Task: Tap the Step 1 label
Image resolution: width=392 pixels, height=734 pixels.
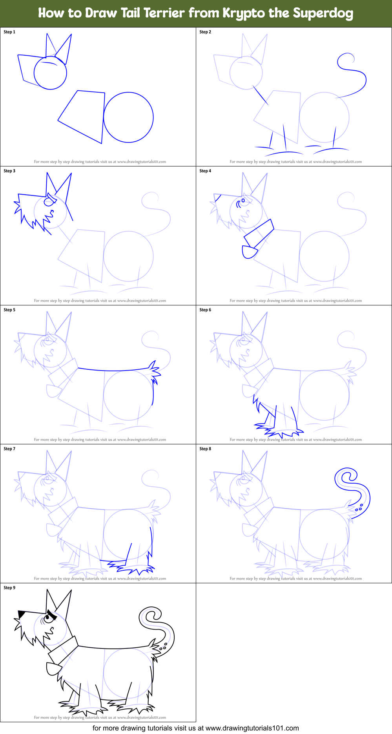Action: (9, 32)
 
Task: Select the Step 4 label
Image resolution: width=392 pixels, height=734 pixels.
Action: (205, 171)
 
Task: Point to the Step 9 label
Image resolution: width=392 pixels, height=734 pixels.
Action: (9, 588)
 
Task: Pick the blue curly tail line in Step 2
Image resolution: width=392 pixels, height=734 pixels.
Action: (365, 80)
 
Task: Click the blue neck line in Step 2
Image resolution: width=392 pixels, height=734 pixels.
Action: (261, 96)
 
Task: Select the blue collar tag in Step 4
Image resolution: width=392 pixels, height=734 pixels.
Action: (249, 252)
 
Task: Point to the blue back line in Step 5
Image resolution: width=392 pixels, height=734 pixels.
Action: (114, 370)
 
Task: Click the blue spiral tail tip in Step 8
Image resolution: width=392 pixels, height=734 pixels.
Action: (345, 477)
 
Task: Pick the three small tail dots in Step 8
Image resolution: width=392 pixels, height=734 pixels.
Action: (359, 508)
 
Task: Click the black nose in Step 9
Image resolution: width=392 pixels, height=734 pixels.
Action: (22, 613)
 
